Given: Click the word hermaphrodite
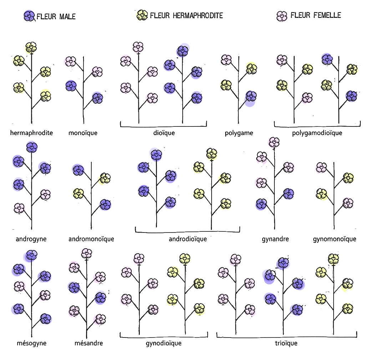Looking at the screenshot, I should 31,133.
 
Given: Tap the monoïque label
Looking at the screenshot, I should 83,133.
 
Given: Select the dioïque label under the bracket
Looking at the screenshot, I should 164,133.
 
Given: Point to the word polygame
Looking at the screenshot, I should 239,133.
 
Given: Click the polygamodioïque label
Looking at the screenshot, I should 317,133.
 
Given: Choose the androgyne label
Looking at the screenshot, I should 31,239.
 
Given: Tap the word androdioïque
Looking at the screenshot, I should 188,239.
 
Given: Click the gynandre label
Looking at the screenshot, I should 275,239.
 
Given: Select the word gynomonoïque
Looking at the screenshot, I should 334,239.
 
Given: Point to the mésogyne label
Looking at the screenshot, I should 32,343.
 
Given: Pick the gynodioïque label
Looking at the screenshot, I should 164,343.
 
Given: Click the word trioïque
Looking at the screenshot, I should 286,343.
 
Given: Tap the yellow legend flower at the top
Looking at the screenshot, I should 141,16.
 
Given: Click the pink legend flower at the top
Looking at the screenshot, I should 282,17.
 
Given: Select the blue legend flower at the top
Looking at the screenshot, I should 29,16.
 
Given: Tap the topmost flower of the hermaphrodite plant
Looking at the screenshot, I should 31,47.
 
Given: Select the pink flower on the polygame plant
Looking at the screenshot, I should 226,60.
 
